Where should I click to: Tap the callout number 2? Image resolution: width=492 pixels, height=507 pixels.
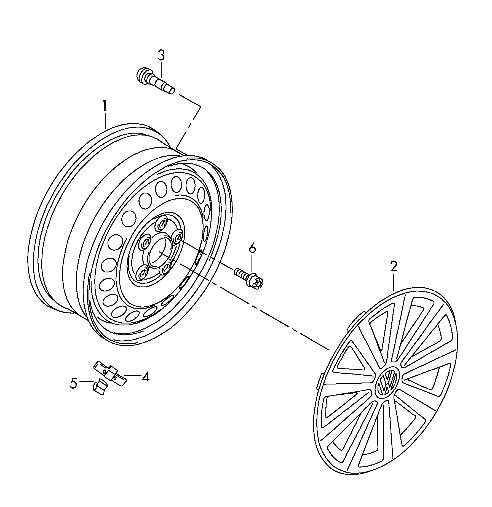[394, 267]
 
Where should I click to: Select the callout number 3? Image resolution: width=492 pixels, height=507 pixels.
[161, 55]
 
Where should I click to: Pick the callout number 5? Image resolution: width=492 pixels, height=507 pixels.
[73, 383]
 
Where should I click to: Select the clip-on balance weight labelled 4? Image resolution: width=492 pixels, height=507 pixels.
[110, 372]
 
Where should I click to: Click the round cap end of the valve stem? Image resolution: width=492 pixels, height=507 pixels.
[142, 73]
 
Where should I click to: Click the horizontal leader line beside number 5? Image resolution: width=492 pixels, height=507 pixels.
[86, 381]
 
